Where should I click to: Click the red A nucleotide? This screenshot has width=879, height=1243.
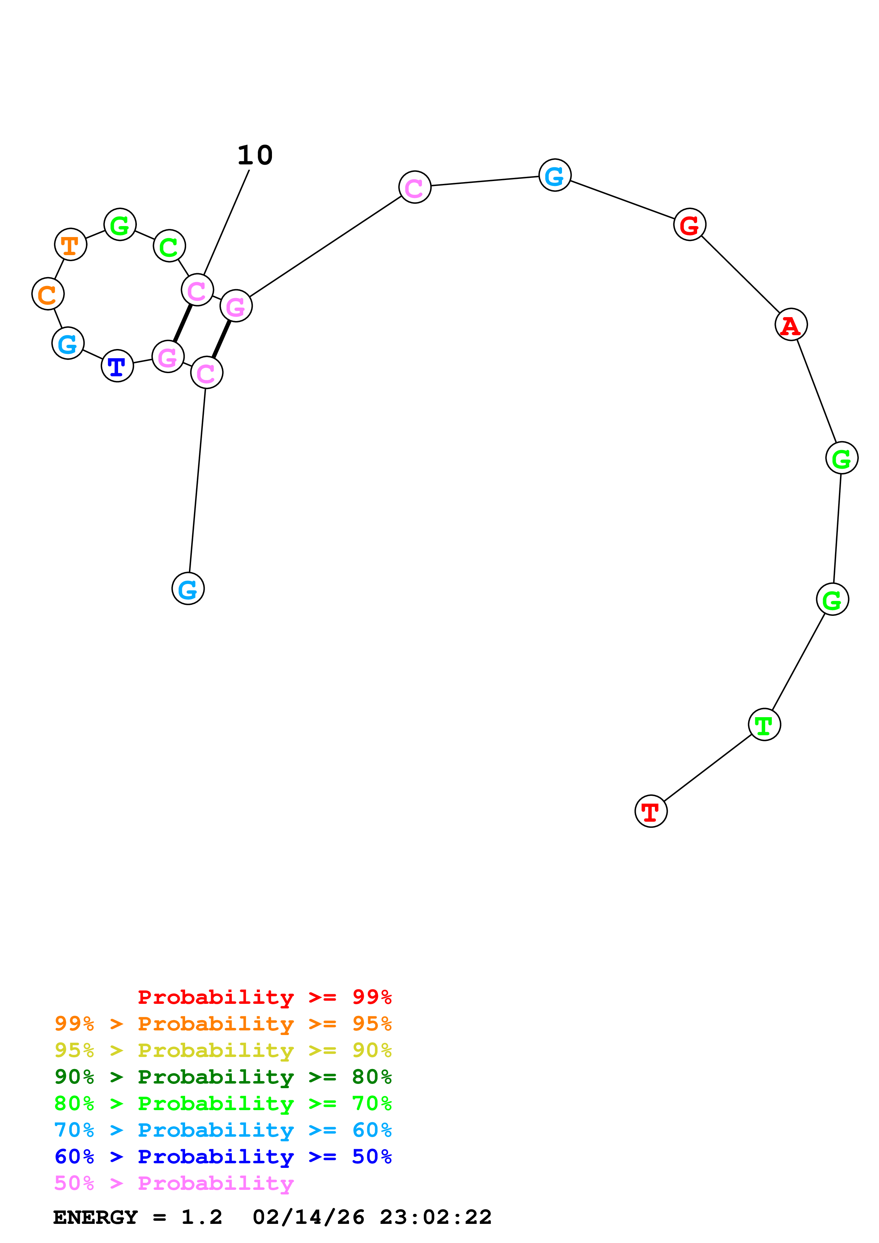pyautogui.click(x=791, y=325)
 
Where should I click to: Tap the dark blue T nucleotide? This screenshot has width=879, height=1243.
pyautogui.click(x=117, y=366)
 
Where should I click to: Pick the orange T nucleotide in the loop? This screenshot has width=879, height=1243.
pyautogui.click(x=71, y=245)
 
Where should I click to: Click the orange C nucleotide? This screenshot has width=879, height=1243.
pyautogui.click(x=48, y=294)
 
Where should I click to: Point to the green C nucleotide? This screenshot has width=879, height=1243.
pyautogui.click(x=169, y=246)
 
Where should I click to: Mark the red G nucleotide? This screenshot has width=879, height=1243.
pyautogui.click(x=689, y=225)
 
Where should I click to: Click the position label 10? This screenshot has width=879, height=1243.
pyautogui.click(x=255, y=155)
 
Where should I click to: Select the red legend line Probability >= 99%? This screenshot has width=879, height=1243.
pyautogui.click(x=264, y=997)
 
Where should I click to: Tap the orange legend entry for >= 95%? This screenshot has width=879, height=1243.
pyautogui.click(x=223, y=1024)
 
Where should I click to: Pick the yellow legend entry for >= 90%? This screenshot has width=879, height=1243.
pyautogui.click(x=223, y=1050)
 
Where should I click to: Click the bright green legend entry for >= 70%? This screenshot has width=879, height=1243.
pyautogui.click(x=223, y=1103)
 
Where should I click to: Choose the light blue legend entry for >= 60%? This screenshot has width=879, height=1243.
pyautogui.click(x=223, y=1130)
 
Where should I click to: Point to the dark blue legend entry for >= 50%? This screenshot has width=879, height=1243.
pyautogui.click(x=223, y=1157)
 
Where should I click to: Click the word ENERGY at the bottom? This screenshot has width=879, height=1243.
pyautogui.click(x=95, y=1217)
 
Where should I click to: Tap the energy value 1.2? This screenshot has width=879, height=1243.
pyautogui.click(x=201, y=1217)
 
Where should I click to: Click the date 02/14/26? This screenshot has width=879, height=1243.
pyautogui.click(x=309, y=1217)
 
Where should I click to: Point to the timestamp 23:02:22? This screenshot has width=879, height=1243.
pyautogui.click(x=435, y=1217)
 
